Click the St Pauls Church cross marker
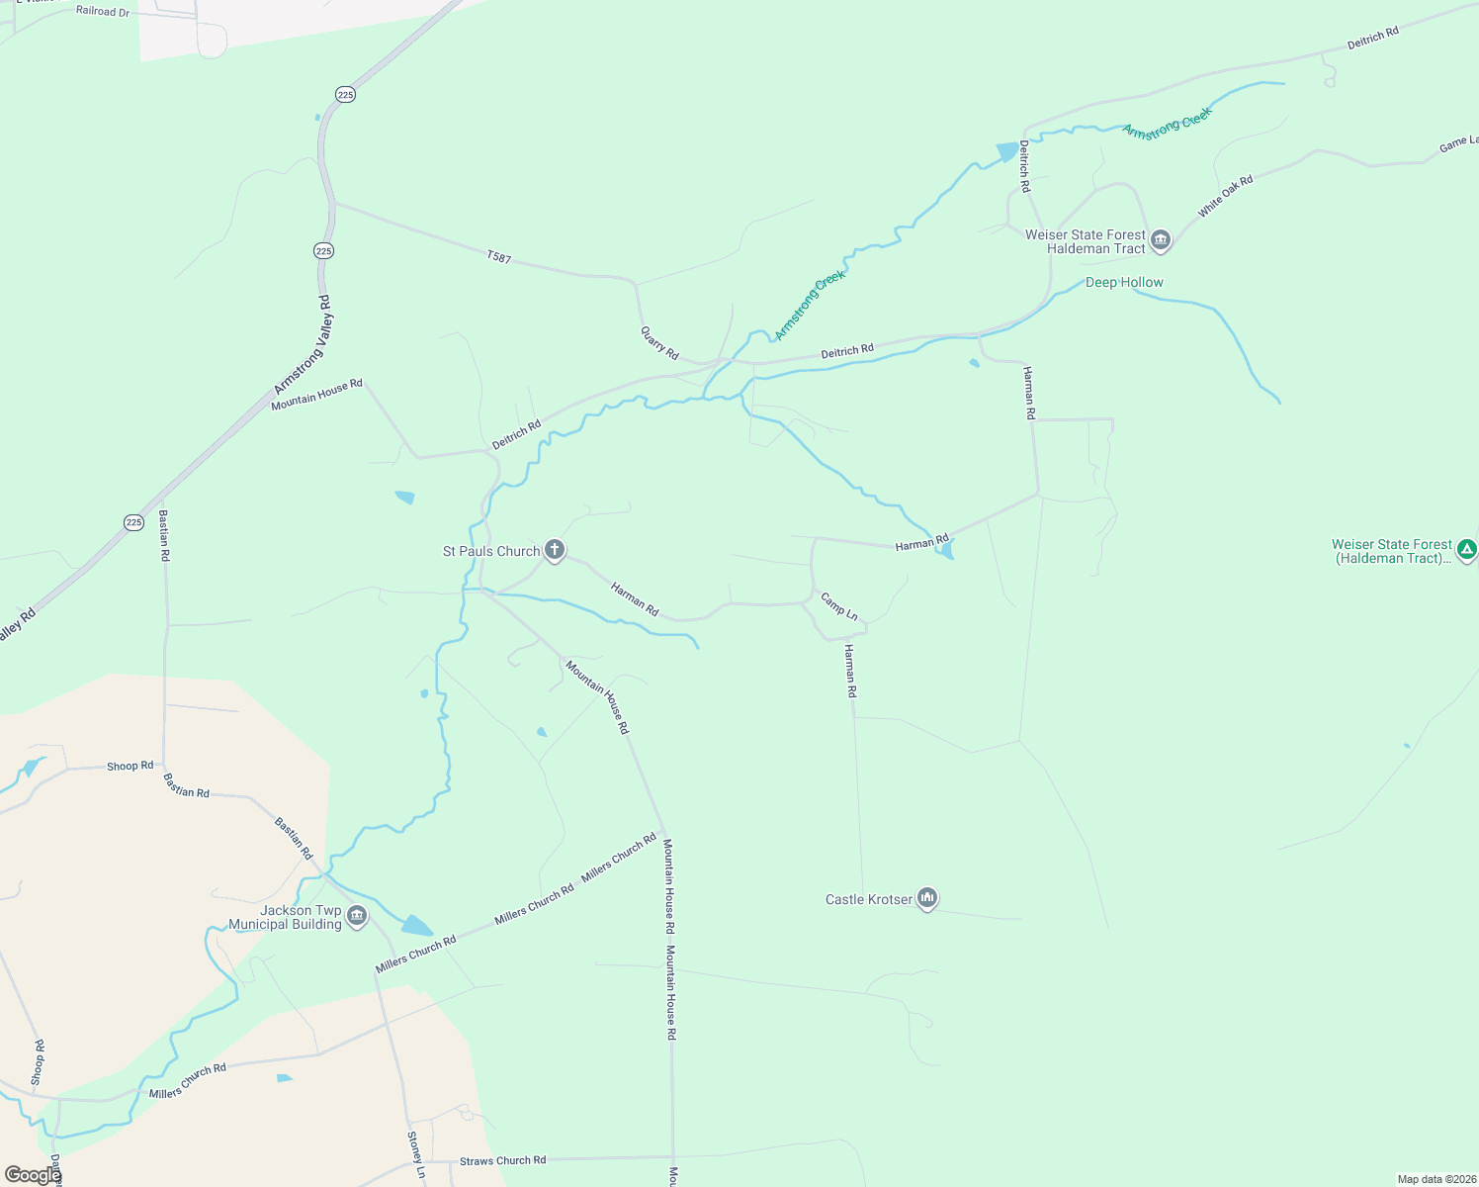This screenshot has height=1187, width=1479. pos(555,550)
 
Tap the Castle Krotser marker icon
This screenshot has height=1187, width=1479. pos(926,898)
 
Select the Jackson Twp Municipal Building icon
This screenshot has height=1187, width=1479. pos(357,916)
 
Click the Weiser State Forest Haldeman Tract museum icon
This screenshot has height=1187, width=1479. pos(1161,240)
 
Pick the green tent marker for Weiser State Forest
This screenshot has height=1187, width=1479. pos(1467,549)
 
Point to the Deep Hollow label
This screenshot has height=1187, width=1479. pos(1124,282)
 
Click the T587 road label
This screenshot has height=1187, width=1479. pos(499,257)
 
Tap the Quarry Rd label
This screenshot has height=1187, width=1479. pos(659,343)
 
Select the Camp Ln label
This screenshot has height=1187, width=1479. pos(838,605)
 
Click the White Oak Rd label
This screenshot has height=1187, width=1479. pos(1225,196)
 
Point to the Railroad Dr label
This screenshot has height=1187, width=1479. pos(103,11)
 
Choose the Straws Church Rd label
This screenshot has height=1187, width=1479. pos(502,1160)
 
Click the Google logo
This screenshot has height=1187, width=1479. pos(32,1175)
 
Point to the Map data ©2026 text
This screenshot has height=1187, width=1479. pos(1435,1179)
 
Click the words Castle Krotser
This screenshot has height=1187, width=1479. pos(869,899)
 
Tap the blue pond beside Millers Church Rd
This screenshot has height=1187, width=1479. pos(416,926)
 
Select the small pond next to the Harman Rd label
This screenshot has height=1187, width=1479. pos(947,550)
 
